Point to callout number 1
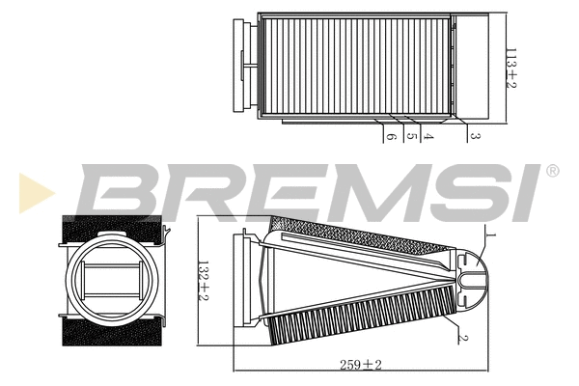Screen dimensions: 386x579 (489, 234)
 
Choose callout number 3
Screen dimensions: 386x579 (474, 138)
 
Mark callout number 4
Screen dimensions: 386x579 (428, 138)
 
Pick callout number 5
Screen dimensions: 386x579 (411, 138)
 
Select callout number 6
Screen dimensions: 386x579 (391, 138)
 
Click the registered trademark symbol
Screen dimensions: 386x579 (552, 172)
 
